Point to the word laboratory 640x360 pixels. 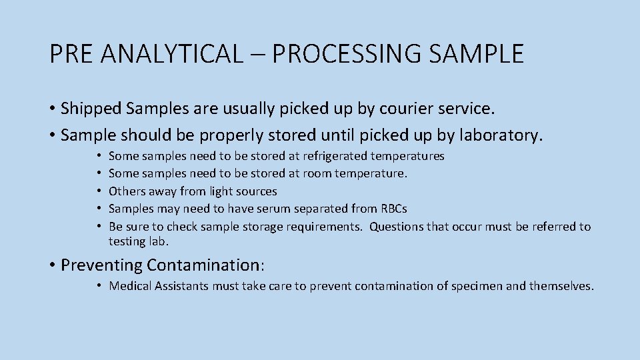(500, 135)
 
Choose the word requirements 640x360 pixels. (324, 227)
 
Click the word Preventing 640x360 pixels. (101, 265)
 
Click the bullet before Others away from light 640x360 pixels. (97, 191)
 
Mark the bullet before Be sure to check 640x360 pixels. (97, 227)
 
